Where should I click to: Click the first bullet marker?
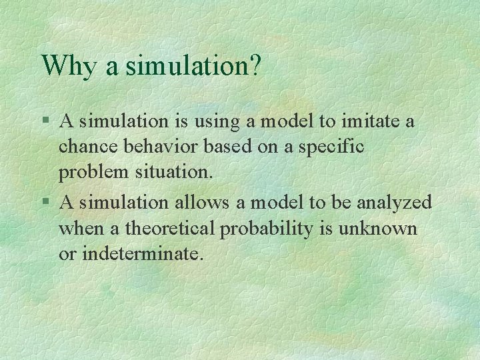tap(45, 122)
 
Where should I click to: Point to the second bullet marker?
tap(45, 202)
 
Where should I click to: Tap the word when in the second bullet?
tap(80, 228)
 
